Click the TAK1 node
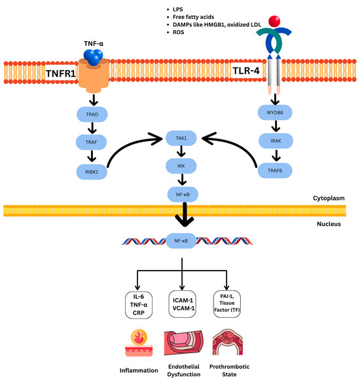coord(181,138)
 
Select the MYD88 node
coord(275,113)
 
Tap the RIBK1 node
coord(92,172)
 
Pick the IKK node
coord(181,166)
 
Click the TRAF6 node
coord(275,170)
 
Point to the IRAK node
coord(276,141)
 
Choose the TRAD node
coord(92,115)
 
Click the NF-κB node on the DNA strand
coord(181,241)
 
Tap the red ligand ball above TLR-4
coord(274,22)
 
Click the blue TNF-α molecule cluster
coord(93,57)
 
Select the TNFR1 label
coord(61,73)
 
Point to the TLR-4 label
coord(246,71)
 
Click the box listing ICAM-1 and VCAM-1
coord(183,304)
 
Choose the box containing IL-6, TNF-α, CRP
coord(139,305)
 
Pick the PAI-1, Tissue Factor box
coord(227,304)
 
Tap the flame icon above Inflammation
coord(139,337)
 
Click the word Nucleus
coord(329,224)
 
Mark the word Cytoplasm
coord(329,199)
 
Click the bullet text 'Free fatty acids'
coord(193,17)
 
